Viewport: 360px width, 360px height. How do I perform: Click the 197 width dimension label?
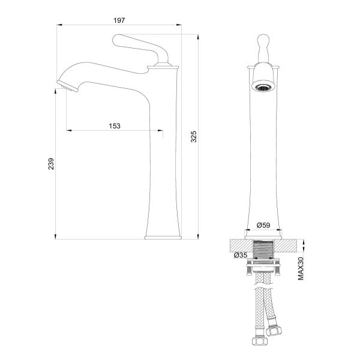click(x=119, y=20)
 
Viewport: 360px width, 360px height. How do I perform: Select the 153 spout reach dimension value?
click(x=115, y=126)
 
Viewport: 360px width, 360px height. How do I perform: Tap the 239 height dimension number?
click(x=51, y=164)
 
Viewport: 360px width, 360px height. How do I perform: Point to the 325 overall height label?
click(x=194, y=137)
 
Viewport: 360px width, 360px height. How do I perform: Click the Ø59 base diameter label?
click(x=263, y=225)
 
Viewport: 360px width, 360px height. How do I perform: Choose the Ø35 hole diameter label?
click(x=241, y=255)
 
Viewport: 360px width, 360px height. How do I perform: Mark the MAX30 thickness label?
click(x=301, y=269)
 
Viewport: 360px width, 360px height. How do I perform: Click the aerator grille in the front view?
click(x=263, y=88)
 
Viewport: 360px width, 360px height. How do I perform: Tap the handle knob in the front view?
click(x=263, y=40)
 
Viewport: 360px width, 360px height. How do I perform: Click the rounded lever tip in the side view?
click(x=117, y=40)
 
